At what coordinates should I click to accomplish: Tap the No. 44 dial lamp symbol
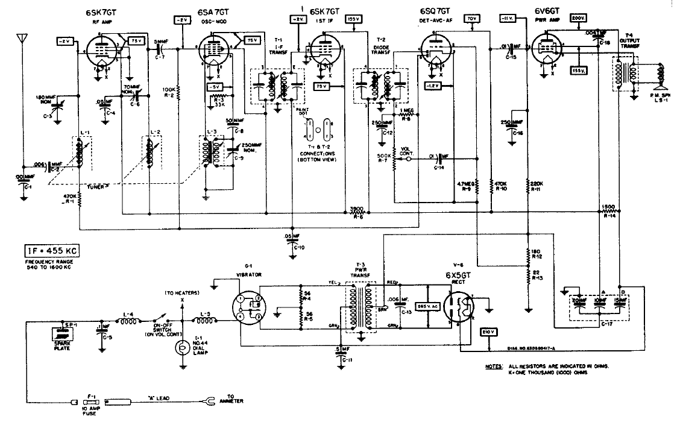(x=180, y=348)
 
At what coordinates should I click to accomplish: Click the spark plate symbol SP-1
(x=61, y=332)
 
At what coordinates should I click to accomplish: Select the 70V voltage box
(x=471, y=19)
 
